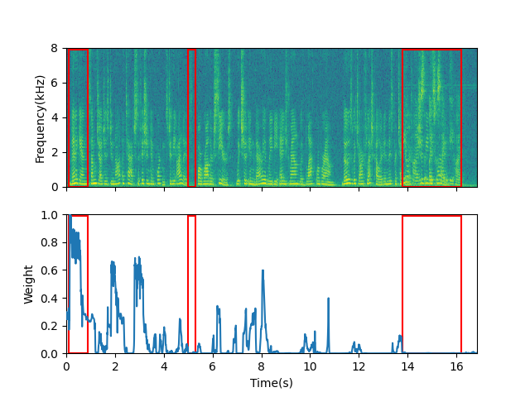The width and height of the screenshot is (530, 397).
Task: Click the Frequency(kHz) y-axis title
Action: [x=40, y=117]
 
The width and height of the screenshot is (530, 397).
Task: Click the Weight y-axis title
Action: [x=28, y=285]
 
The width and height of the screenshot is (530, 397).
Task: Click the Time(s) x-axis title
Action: [x=272, y=383]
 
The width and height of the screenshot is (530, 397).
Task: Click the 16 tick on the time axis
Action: [x=456, y=366]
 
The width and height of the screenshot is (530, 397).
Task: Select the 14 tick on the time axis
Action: [x=407, y=366]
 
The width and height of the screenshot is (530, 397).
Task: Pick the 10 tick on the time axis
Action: [x=310, y=366]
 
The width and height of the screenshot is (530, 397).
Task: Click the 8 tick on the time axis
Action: [x=262, y=366]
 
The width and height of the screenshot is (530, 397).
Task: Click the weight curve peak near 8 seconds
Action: [x=263, y=270]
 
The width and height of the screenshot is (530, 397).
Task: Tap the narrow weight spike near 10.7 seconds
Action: [x=328, y=299]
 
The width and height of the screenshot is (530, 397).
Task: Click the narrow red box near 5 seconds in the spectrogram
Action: [x=191, y=117]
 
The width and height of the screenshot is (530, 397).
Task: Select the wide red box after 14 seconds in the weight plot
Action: [x=431, y=285]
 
